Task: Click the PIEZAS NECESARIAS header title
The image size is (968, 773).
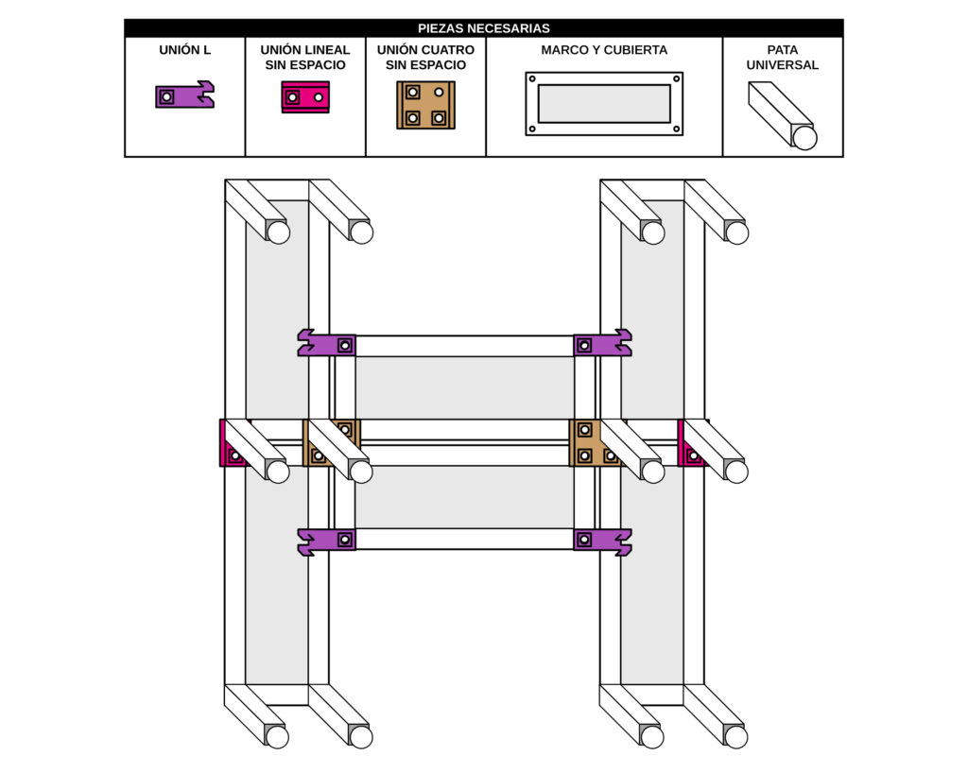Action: point(483,28)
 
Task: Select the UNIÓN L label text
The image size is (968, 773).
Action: point(184,49)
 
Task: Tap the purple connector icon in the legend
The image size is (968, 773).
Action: point(184,95)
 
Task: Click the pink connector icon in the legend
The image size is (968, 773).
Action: point(305,96)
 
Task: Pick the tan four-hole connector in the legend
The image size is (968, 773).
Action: point(425,105)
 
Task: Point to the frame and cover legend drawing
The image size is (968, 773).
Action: point(604,103)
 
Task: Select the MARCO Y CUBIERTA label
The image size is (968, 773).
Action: point(604,49)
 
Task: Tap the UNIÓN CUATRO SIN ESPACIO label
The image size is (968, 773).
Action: point(425,57)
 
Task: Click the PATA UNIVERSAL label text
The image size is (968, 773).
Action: point(782,57)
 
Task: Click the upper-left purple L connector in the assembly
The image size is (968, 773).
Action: point(326,343)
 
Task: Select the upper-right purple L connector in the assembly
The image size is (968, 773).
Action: point(602,343)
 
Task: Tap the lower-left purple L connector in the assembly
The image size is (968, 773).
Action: point(326,541)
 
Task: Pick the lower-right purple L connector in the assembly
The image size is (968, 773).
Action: point(602,541)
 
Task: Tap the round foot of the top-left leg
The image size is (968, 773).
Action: point(278,232)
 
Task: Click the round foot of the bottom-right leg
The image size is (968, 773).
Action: point(735,736)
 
